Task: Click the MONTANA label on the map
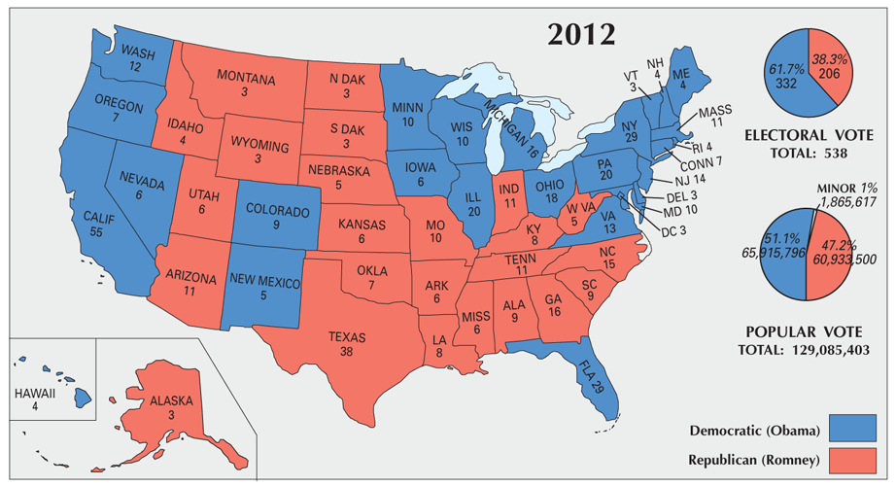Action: tap(246, 83)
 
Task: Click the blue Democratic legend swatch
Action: tap(857, 429)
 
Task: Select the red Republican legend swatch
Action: tap(857, 459)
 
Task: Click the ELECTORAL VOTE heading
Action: tap(814, 135)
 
